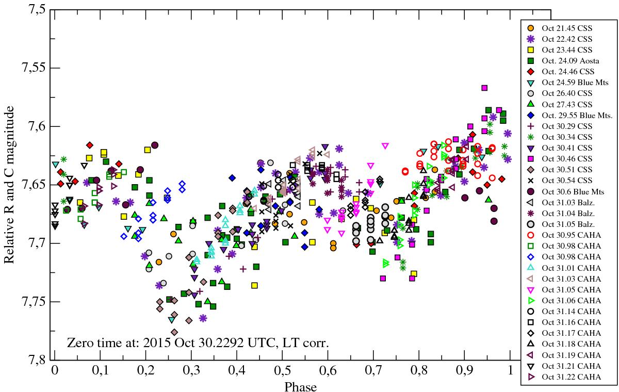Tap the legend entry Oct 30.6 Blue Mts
click(567, 191)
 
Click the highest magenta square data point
click(484, 88)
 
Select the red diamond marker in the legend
click(530, 71)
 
